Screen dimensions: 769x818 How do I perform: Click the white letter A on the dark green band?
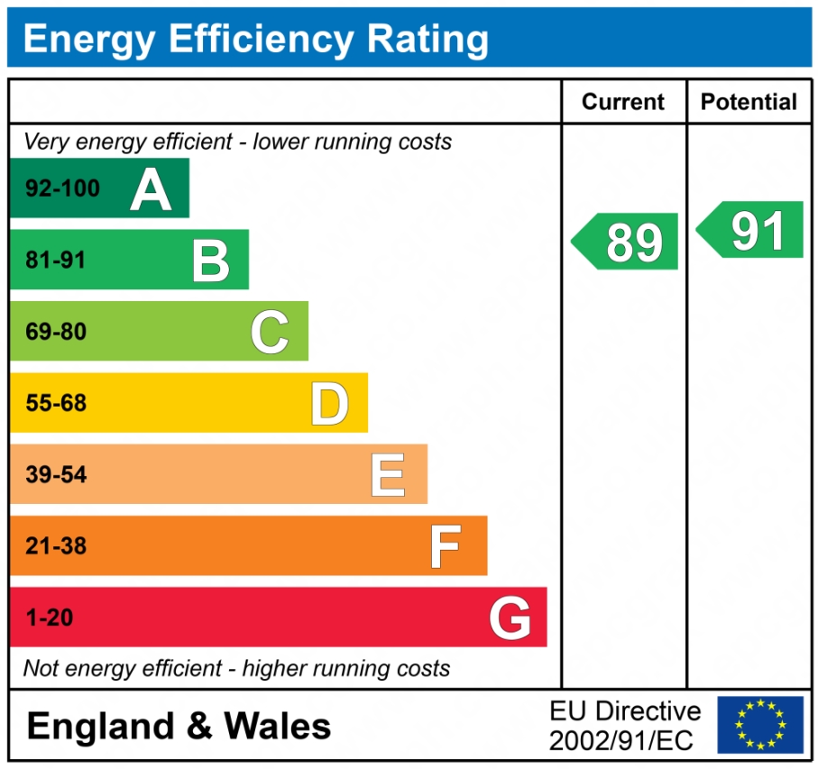(x=151, y=189)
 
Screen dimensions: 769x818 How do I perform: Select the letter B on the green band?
(x=211, y=261)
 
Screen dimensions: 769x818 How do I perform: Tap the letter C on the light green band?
(x=270, y=332)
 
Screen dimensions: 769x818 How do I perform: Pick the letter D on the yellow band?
(x=329, y=404)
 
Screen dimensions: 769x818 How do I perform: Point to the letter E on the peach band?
(x=388, y=475)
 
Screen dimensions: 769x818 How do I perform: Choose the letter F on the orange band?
(x=446, y=546)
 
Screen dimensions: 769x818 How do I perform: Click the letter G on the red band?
(x=510, y=618)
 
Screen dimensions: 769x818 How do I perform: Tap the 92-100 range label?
(x=63, y=189)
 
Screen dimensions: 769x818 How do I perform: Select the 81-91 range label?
(x=56, y=261)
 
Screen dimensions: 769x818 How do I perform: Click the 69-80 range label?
(x=56, y=332)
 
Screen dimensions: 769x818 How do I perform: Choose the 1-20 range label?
(x=49, y=618)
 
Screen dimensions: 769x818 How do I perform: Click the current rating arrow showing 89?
(x=627, y=242)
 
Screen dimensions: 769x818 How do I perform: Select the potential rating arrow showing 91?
(x=751, y=230)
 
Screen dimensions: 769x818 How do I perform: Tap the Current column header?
(x=623, y=102)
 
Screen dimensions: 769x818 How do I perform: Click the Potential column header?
(x=749, y=102)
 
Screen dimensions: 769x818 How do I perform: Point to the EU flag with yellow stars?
(x=760, y=724)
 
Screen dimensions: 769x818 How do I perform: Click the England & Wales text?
(x=179, y=726)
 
